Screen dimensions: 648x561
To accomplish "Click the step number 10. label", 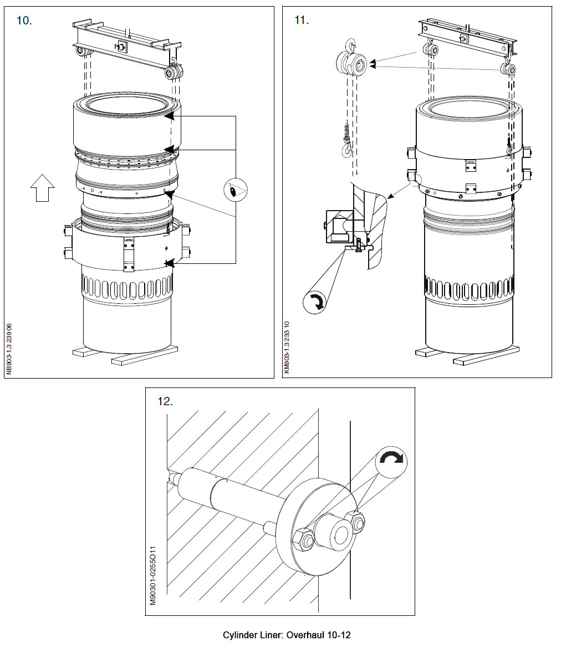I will click(24, 21).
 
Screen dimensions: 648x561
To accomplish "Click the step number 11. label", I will click(302, 21).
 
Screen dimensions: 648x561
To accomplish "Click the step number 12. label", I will click(165, 401).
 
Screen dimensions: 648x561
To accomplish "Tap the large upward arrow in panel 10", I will click(42, 187).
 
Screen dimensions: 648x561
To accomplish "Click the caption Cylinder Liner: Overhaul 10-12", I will click(287, 635).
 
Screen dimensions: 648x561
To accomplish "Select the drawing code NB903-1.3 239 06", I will click(9, 350).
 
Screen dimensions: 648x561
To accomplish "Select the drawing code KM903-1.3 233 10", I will click(287, 348).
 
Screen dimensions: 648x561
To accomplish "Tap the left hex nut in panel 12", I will click(303, 539).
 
